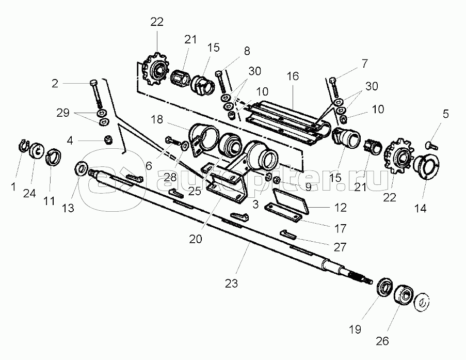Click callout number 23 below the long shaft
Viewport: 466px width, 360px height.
(x=231, y=283)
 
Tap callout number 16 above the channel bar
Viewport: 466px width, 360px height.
(x=293, y=76)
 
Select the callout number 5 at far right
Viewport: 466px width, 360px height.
(x=446, y=114)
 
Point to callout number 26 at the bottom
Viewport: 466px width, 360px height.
(x=382, y=341)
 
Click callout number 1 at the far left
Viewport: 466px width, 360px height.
(x=13, y=187)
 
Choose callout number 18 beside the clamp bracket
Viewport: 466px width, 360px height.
(x=157, y=119)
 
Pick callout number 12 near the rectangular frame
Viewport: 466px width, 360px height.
(x=341, y=207)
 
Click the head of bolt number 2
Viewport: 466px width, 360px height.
(x=93, y=82)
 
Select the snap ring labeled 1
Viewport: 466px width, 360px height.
(x=23, y=146)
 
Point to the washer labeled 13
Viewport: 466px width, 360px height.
(x=81, y=169)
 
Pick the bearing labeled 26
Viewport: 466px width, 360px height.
(x=403, y=294)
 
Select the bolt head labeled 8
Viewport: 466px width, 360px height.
(x=218, y=73)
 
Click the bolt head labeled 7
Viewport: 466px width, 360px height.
(x=332, y=80)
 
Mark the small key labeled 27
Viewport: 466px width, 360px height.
(x=288, y=234)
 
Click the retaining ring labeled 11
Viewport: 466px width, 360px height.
(x=54, y=156)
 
